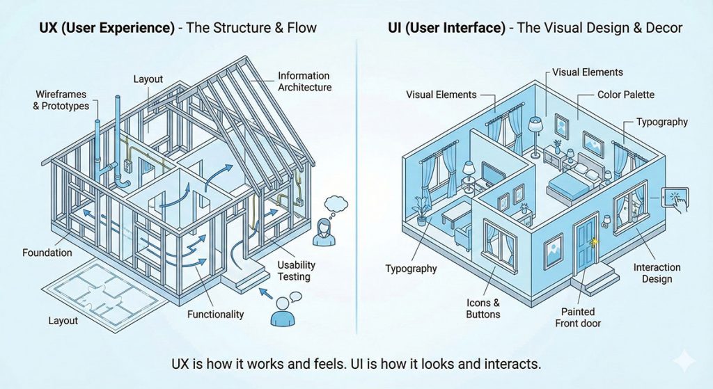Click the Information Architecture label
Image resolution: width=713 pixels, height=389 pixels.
pyautogui.click(x=304, y=81)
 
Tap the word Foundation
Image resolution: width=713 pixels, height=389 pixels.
pyautogui.click(x=48, y=253)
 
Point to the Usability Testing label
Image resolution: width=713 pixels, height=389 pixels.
pyautogui.click(x=297, y=271)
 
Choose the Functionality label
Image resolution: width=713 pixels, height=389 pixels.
pyautogui.click(x=216, y=315)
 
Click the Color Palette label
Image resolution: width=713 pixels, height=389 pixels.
pyautogui.click(x=626, y=94)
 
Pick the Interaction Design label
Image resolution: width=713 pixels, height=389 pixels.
pyautogui.click(x=657, y=273)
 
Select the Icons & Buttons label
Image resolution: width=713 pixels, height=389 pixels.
pyautogui.click(x=483, y=309)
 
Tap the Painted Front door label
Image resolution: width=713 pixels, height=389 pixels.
pyautogui.click(x=578, y=317)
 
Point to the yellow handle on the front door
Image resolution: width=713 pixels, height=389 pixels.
pyautogui.click(x=593, y=241)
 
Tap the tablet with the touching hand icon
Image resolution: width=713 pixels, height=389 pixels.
pyautogui.click(x=675, y=197)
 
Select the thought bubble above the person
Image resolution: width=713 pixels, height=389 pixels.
pyautogui.click(x=336, y=203)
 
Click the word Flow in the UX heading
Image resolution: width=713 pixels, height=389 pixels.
pyautogui.click(x=301, y=28)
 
